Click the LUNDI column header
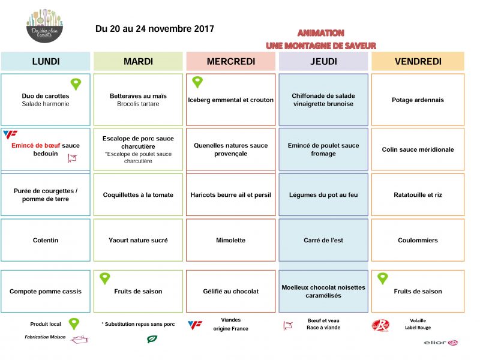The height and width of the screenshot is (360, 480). coord(46,61)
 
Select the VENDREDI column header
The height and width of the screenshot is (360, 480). coord(418,61)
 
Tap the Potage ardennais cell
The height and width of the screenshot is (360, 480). coord(418,100)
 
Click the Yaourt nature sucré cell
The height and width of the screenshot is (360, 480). coord(138,240)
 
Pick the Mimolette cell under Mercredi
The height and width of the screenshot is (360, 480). coord(231,240)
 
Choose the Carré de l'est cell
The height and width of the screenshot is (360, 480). coord(323,240)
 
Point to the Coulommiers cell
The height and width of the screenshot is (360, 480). coord(418,240)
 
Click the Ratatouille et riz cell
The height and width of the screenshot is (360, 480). coord(418,194)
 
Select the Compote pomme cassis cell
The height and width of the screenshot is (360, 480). coord(46,292)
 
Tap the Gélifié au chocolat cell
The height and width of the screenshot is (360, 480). coord(231,292)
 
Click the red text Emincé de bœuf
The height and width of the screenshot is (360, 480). coord(35,145)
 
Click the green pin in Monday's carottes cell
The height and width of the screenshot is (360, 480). coord(76,84)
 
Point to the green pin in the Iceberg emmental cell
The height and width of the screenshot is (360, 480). coord(197,82)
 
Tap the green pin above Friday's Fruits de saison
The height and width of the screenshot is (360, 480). coord(382,278)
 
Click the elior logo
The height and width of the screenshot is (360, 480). coord(442,342)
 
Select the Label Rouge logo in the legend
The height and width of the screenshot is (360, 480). coord(380,326)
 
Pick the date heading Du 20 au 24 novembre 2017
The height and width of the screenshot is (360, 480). coord(154,29)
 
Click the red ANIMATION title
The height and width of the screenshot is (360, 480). coord(320,33)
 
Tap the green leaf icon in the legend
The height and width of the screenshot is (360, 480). coord(152,340)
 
